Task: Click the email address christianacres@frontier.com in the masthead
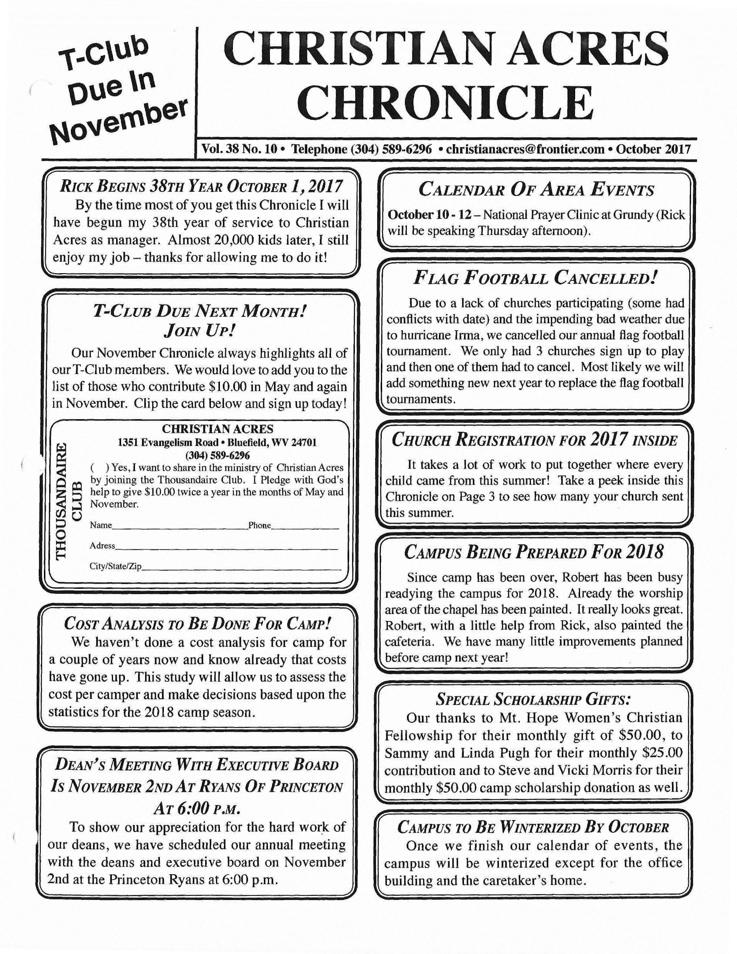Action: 525,149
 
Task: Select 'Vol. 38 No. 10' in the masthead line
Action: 239,149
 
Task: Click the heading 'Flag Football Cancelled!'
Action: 535,278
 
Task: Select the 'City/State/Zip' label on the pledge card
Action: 116,566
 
